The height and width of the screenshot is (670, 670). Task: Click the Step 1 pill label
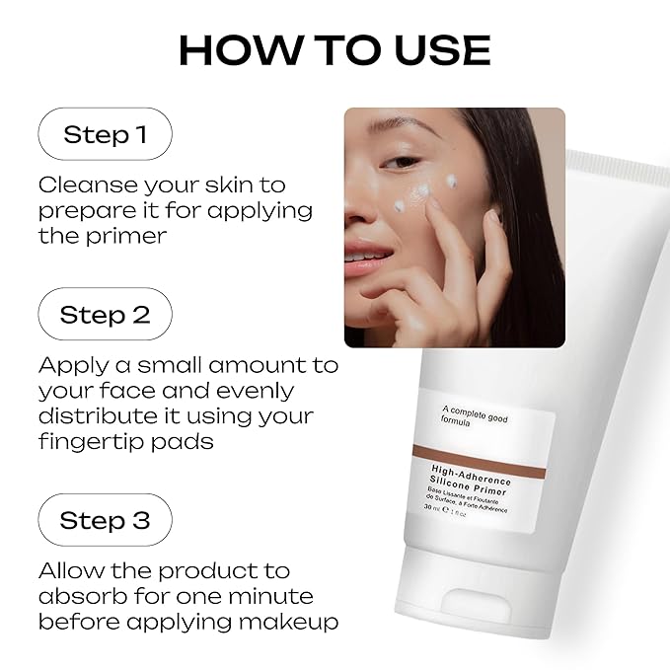click(x=106, y=134)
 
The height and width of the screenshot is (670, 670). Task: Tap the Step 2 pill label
click(x=106, y=314)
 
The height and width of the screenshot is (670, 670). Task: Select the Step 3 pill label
click(x=106, y=520)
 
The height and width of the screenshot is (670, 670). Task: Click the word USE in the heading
click(x=442, y=50)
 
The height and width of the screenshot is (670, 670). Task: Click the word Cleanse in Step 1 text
click(x=87, y=186)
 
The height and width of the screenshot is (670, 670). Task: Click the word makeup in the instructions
click(x=288, y=622)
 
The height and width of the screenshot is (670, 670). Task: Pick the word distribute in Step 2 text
click(x=98, y=415)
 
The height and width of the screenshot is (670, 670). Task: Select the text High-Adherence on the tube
click(x=471, y=476)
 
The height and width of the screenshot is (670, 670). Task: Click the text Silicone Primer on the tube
click(x=468, y=485)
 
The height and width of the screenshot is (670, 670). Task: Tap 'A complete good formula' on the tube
click(x=475, y=416)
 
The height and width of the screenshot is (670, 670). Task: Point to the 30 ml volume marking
click(x=431, y=508)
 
